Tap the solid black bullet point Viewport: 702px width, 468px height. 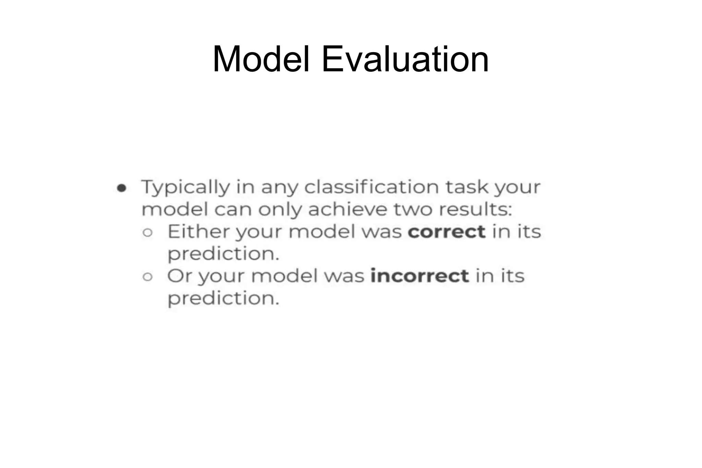click(x=122, y=188)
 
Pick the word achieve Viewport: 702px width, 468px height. click(x=348, y=209)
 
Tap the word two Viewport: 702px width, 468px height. click(x=413, y=209)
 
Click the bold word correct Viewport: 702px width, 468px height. click(x=446, y=232)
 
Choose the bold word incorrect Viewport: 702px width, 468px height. click(x=420, y=276)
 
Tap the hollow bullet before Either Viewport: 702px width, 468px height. click(x=147, y=233)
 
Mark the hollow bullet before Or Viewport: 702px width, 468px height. click(x=147, y=277)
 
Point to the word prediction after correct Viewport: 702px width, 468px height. click(x=223, y=254)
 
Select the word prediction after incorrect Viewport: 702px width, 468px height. click(x=223, y=299)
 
